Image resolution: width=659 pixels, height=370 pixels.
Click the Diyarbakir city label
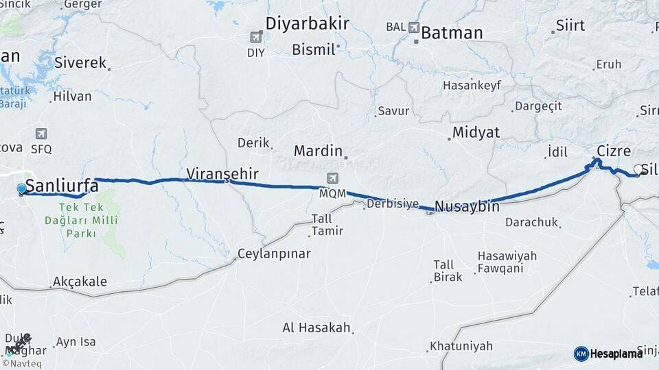(x=307, y=24)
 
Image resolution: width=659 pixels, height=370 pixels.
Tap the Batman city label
(x=452, y=32)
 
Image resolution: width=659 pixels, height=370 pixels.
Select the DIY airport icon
(x=256, y=37)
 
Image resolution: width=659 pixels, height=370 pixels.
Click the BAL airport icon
(x=413, y=27)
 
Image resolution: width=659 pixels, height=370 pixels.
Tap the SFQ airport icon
(x=41, y=134)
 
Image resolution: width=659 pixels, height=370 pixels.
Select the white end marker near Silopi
(x=638, y=169)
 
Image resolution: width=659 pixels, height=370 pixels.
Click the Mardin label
(x=318, y=150)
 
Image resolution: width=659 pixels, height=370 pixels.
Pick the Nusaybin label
(x=467, y=206)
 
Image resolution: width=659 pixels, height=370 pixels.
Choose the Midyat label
(x=476, y=132)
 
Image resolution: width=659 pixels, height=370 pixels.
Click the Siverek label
(x=80, y=63)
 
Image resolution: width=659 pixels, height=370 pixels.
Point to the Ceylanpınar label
(x=274, y=254)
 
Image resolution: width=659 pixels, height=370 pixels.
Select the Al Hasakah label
(x=316, y=328)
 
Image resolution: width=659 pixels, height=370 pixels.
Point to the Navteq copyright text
(x=21, y=364)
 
